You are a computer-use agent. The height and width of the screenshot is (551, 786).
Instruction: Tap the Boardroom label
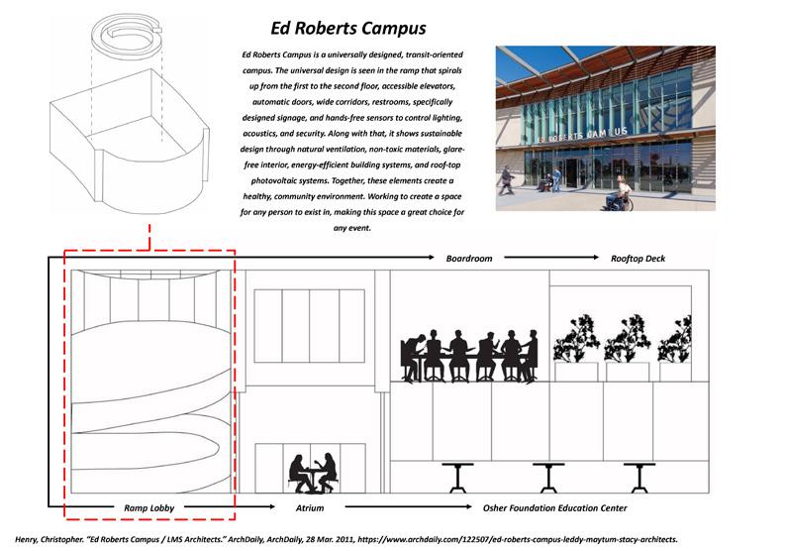tap(468, 259)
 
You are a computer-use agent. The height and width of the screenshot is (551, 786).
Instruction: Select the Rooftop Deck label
tap(638, 259)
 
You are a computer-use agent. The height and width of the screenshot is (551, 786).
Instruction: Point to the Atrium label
tap(310, 508)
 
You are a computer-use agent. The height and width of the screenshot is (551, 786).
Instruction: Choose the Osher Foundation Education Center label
tap(554, 508)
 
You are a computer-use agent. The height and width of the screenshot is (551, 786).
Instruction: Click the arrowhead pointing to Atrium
tap(270, 508)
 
